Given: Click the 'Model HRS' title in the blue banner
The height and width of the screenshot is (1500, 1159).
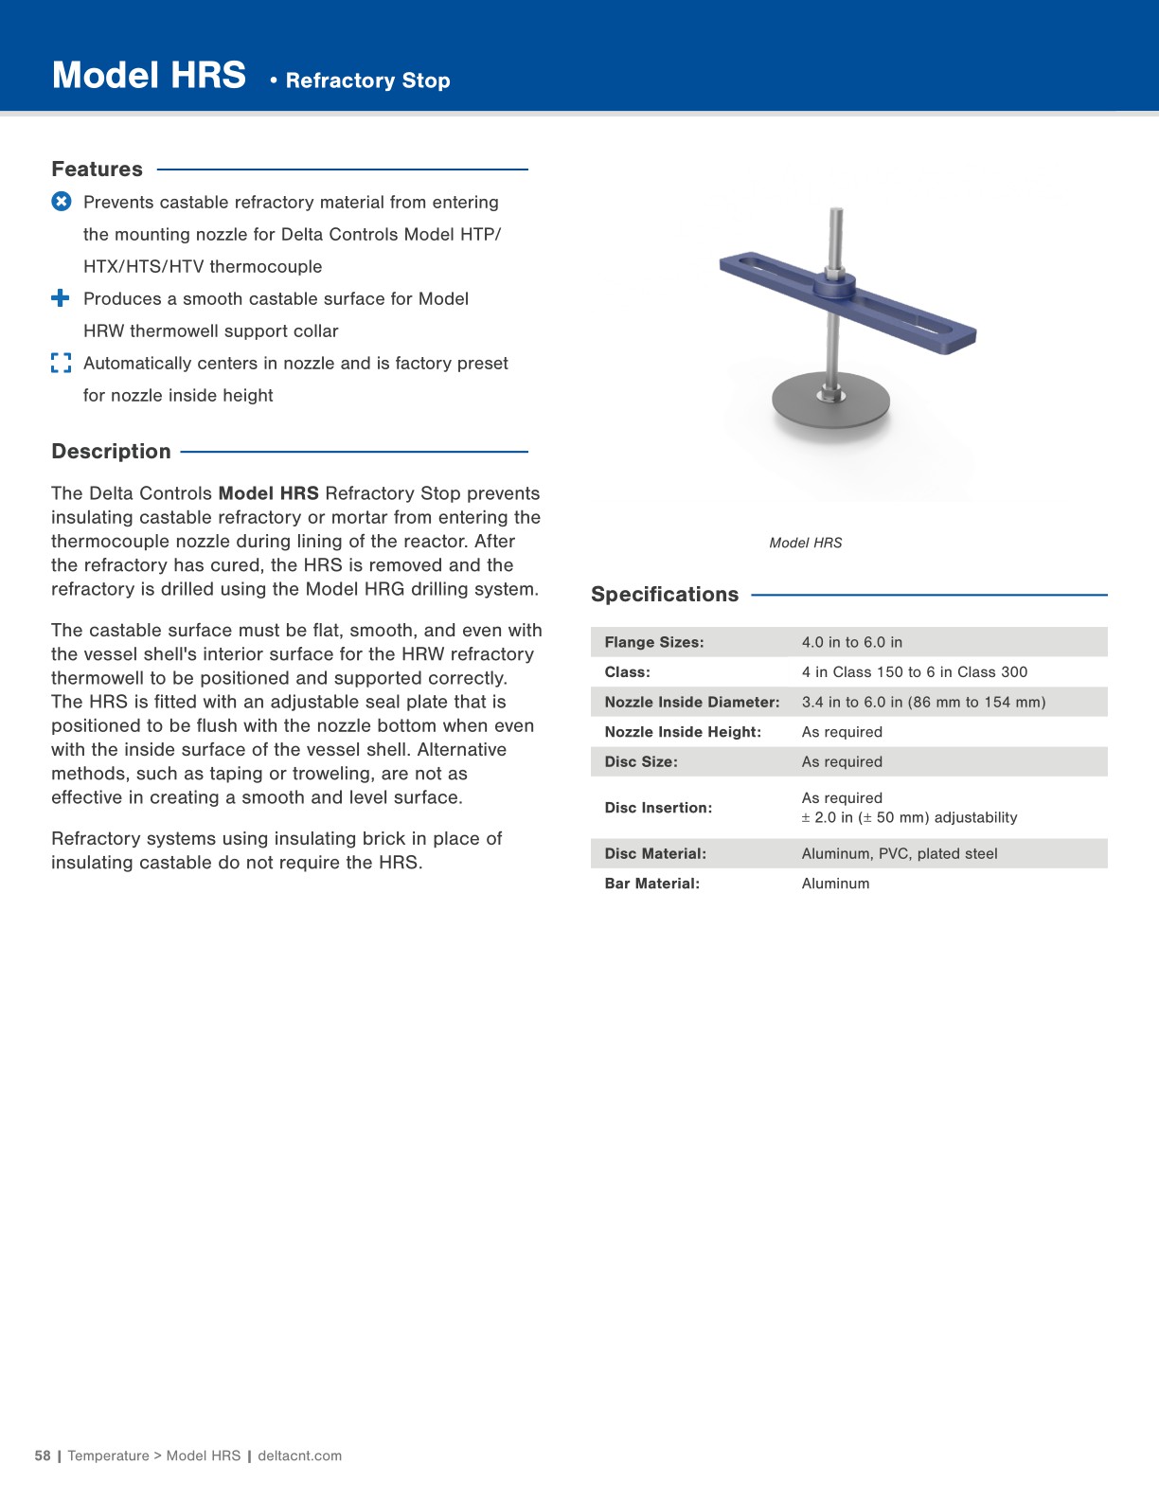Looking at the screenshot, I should point(149,76).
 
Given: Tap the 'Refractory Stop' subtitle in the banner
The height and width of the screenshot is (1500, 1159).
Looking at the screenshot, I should point(367,80).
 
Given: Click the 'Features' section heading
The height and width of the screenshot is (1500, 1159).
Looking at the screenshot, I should point(97,170).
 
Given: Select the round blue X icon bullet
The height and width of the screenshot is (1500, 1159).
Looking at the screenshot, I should point(62,202).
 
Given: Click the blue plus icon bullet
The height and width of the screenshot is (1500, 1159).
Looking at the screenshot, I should point(61,298).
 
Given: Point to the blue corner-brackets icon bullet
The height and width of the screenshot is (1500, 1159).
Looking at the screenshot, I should point(62,363).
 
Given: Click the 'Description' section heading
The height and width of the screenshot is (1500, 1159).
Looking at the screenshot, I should point(111,452).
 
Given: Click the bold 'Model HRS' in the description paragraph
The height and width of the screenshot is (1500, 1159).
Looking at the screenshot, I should point(268,493).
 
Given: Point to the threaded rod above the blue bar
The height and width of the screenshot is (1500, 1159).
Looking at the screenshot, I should point(835,237).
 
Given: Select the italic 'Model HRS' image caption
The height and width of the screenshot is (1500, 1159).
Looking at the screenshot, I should point(805,543).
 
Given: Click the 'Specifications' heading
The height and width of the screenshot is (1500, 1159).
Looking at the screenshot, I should point(664,595).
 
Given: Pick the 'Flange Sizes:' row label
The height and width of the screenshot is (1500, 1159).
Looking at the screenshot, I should point(653,642).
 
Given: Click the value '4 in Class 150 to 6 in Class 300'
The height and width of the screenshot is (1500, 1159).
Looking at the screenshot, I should point(914,672).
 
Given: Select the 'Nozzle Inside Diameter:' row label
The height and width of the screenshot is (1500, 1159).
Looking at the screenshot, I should point(691,703).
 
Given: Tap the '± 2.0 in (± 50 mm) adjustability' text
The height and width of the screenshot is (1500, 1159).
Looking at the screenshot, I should point(909,818).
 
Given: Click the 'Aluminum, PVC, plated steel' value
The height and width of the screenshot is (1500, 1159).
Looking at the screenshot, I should point(899,854).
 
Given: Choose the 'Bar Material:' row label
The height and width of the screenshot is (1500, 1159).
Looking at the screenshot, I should point(651,884).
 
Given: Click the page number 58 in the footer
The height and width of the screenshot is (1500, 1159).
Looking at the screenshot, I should point(43,1455).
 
